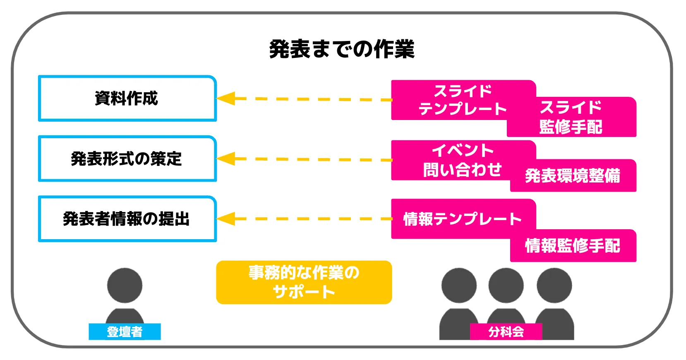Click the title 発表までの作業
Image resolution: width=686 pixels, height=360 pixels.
pyautogui.click(x=341, y=50)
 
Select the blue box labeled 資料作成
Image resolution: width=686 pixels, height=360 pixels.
pyautogui.click(x=127, y=98)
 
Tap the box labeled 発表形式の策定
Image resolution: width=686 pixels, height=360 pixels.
pyautogui.click(x=127, y=158)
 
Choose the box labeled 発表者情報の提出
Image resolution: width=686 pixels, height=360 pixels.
pyautogui.click(x=127, y=218)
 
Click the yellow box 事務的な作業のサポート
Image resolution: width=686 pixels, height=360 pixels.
pyautogui.click(x=304, y=282)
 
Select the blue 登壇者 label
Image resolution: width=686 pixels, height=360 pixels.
pyautogui.click(x=125, y=331)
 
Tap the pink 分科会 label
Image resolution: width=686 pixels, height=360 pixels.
pyautogui.click(x=506, y=331)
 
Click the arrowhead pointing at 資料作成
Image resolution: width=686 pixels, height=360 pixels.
pyautogui.click(x=226, y=98)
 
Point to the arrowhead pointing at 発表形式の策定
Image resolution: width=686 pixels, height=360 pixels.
pyautogui.click(x=226, y=158)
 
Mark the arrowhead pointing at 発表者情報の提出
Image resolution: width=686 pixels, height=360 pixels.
pyautogui.click(x=226, y=218)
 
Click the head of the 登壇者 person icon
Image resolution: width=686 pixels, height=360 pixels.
pyautogui.click(x=125, y=286)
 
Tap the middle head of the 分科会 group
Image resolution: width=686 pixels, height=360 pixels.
pyautogui.click(x=506, y=286)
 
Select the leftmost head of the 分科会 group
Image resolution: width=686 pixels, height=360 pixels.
pyautogui.click(x=459, y=286)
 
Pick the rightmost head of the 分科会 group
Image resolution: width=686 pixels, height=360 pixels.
pyautogui.click(x=554, y=286)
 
